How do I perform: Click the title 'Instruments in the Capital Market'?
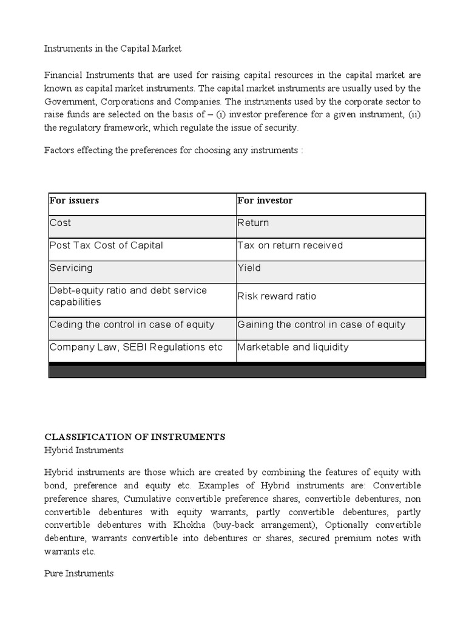pyautogui.click(x=112, y=48)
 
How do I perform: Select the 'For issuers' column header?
pyautogui.click(x=74, y=200)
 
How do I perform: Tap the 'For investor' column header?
pyautogui.click(x=265, y=200)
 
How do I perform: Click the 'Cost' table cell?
pyautogui.click(x=61, y=223)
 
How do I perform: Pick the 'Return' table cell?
pyautogui.click(x=253, y=223)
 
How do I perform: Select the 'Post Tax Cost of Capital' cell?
pyautogui.click(x=106, y=245)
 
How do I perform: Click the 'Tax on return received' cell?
pyautogui.click(x=290, y=245)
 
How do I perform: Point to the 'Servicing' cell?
pyautogui.click(x=71, y=268)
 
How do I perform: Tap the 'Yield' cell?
pyautogui.click(x=249, y=268)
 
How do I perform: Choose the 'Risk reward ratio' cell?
pyautogui.click(x=277, y=296)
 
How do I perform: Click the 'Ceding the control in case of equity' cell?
pyautogui.click(x=132, y=324)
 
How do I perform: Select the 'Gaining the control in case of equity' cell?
pyautogui.click(x=321, y=324)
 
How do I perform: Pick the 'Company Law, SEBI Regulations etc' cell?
pyautogui.click(x=136, y=347)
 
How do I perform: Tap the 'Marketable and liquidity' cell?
pyautogui.click(x=293, y=347)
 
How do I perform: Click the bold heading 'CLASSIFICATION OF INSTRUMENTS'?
pyautogui.click(x=135, y=437)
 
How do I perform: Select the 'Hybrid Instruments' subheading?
pyautogui.click(x=84, y=450)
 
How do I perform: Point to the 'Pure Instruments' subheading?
pyautogui.click(x=79, y=573)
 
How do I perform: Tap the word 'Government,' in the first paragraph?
pyautogui.click(x=70, y=101)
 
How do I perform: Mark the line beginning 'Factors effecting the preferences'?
pyautogui.click(x=174, y=150)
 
